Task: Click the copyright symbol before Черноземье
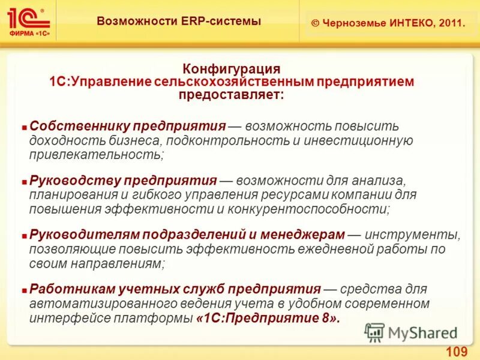point(315,23)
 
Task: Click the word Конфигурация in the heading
point(232,69)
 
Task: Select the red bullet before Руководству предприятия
point(25,181)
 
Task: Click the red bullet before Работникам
point(25,289)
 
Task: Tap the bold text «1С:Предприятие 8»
point(268,318)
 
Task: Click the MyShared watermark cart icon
point(375,332)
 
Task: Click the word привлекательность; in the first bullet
point(96,154)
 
